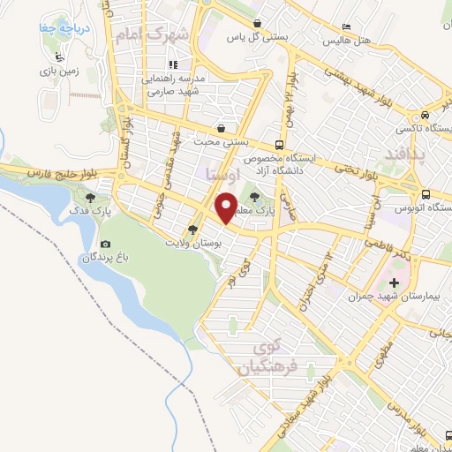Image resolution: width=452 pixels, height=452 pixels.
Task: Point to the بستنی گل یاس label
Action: coord(246,37)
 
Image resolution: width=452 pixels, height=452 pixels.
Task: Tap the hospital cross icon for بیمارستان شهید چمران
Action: coord(394,284)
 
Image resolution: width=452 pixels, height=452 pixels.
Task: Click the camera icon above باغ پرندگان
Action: coord(106,244)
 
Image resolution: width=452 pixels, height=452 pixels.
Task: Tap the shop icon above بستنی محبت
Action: coord(220,128)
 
